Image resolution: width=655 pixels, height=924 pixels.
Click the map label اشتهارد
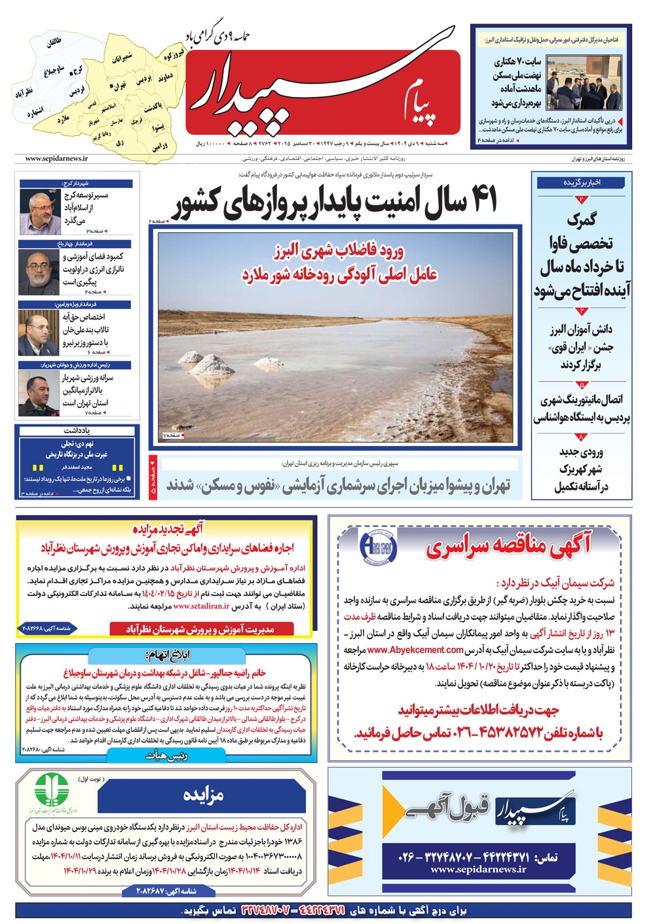pyautogui.click(x=35, y=113)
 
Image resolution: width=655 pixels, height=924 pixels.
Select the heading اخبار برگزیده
pyautogui.click(x=582, y=183)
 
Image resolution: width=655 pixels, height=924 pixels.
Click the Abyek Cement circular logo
pyautogui.click(x=378, y=547)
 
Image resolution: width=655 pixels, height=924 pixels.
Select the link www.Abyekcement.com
pyautogui.click(x=415, y=650)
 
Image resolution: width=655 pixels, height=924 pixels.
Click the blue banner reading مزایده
pyautogui.click(x=202, y=795)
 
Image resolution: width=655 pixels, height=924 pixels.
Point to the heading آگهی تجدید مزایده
pyautogui.click(x=168, y=528)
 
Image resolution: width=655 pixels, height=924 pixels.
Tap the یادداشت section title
pyautogui.click(x=77, y=431)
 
